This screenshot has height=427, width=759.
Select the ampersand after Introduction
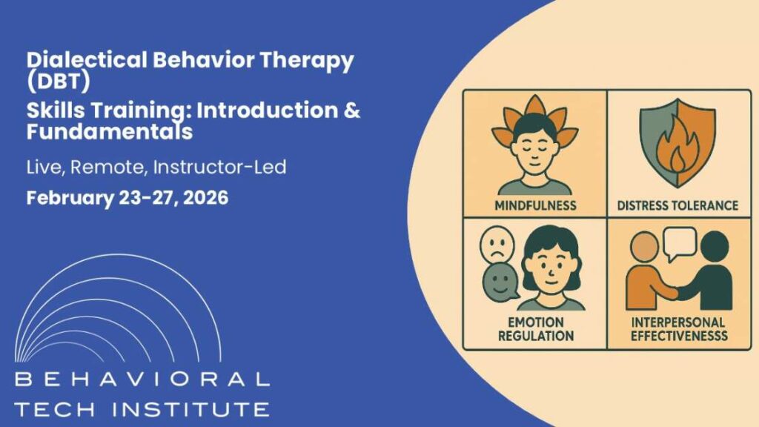(354, 112)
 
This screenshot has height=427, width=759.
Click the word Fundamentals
(109, 133)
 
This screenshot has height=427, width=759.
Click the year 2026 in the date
(200, 198)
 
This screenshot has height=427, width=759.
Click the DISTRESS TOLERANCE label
(678, 205)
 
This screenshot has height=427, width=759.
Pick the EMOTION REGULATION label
(534, 329)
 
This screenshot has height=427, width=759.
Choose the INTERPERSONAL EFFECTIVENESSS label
(678, 329)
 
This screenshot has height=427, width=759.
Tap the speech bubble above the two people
(679, 242)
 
